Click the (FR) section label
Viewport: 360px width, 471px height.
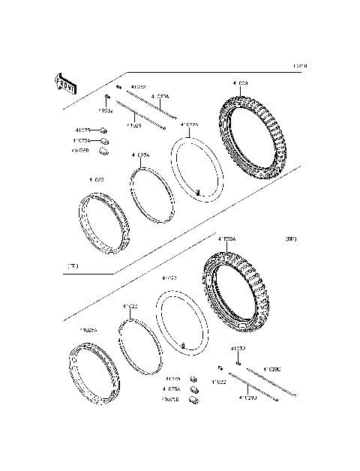[x=73, y=265]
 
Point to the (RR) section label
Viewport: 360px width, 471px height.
[x=291, y=239]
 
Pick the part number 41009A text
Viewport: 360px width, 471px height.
[x=226, y=239]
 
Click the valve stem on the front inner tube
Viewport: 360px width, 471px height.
[x=196, y=193]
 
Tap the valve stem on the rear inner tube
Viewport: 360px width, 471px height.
[x=182, y=344]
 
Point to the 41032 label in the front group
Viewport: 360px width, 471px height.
[x=138, y=87]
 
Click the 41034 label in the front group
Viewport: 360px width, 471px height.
[x=107, y=109]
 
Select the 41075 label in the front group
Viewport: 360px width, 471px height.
[x=82, y=130]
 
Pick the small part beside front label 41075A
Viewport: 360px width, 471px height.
[x=105, y=140]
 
